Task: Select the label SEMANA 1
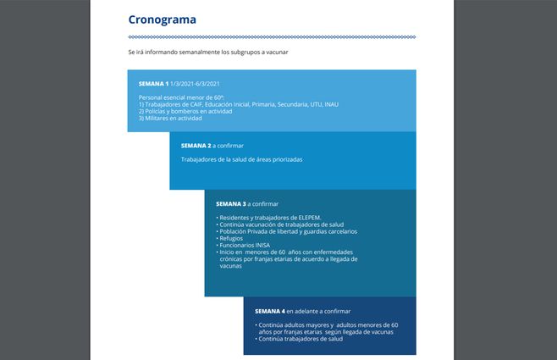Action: pyautogui.click(x=153, y=84)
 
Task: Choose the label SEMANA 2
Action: pyautogui.click(x=196, y=146)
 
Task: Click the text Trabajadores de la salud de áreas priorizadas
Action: pyautogui.click(x=241, y=159)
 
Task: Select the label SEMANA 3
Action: pyautogui.click(x=230, y=204)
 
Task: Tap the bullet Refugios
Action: pyautogui.click(x=231, y=239)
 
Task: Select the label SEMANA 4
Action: pyautogui.click(x=272, y=311)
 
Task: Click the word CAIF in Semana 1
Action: pyautogui.click(x=198, y=104)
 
